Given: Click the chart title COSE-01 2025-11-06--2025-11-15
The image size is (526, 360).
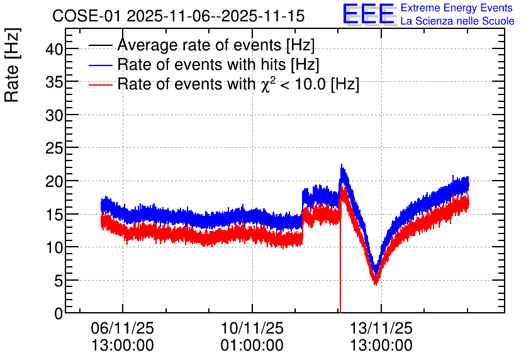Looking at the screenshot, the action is (x=179, y=16).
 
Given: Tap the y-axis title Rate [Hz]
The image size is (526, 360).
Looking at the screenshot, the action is (x=12, y=65).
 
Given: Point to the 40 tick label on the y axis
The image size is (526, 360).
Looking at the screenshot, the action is (x=54, y=49).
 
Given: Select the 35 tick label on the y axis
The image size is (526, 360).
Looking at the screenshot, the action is (x=54, y=82).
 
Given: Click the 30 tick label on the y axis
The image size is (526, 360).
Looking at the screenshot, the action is (x=54, y=115).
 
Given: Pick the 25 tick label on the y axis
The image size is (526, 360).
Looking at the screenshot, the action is (x=54, y=148).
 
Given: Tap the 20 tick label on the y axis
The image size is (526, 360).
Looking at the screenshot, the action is (x=54, y=181).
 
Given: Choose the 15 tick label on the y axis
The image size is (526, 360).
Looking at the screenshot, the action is (x=54, y=214).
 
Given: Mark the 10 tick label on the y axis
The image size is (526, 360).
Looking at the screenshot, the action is (x=54, y=247).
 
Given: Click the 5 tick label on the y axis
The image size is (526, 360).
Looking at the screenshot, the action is (x=59, y=280).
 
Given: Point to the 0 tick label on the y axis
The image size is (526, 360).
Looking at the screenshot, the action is (x=59, y=313).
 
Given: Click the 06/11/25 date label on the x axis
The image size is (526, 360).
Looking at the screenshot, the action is (x=123, y=328).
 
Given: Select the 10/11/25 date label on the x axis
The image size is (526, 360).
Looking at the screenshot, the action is (x=252, y=328).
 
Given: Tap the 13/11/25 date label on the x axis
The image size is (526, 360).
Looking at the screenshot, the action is (x=381, y=328).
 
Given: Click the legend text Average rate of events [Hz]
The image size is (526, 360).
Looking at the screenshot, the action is (x=216, y=45).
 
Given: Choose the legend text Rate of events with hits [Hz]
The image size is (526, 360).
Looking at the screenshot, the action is (x=218, y=64).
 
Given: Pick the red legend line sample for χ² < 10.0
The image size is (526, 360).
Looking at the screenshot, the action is (x=100, y=85).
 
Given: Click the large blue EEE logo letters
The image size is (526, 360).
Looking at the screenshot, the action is (x=369, y=14).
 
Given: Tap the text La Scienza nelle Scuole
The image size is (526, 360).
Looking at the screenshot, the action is (x=457, y=21).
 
